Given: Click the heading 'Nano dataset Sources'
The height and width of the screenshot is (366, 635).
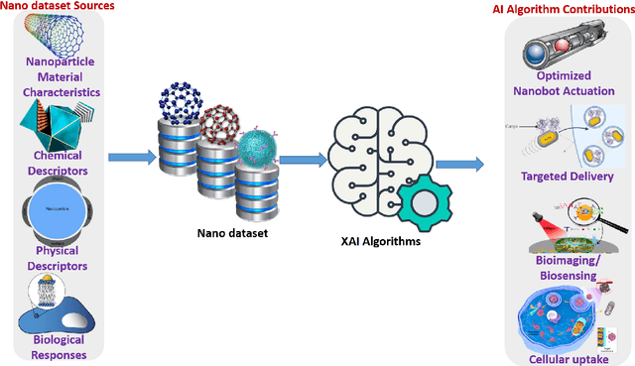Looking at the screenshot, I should pos(57,7).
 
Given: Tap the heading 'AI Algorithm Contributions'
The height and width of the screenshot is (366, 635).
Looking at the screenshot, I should pos(564,9).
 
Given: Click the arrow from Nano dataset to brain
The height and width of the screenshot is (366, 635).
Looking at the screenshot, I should pos(305,157).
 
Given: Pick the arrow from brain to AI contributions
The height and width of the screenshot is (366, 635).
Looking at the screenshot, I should pos(458,162).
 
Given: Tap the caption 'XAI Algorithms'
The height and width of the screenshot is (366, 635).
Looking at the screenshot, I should pos(376,243).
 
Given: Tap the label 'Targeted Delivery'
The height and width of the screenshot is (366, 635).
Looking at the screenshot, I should pos(563,176).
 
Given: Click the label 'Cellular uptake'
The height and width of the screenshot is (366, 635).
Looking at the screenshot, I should pos(563,355).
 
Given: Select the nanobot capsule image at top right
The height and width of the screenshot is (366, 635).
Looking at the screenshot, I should pos(563,46).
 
